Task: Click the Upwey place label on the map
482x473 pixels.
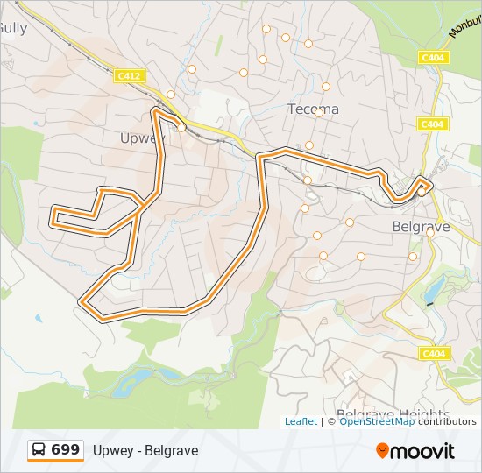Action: (141, 138)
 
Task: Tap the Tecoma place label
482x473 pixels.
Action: (313, 109)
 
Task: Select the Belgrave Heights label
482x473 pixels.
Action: (393, 414)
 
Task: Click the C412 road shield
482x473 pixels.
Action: (129, 77)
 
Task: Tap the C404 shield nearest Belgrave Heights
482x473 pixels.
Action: (433, 354)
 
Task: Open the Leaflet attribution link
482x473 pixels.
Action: (301, 421)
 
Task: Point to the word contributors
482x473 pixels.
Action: (447, 421)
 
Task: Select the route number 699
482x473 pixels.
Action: (66, 450)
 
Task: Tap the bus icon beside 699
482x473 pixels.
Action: (39, 450)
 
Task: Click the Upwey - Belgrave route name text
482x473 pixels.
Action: (145, 451)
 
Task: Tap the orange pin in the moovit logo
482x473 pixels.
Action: (383, 451)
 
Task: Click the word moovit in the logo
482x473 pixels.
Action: (423, 451)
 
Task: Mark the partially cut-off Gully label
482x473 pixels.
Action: (13, 28)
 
